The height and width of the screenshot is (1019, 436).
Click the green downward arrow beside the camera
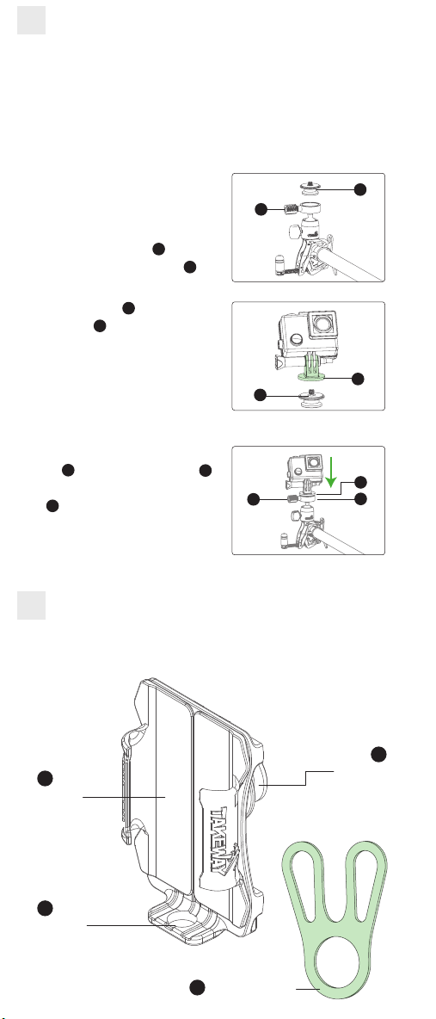(331, 472)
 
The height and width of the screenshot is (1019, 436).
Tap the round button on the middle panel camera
(297, 338)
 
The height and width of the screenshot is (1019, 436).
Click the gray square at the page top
(31, 20)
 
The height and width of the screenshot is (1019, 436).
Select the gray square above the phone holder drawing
(31, 605)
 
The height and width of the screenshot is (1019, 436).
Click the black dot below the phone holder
(198, 987)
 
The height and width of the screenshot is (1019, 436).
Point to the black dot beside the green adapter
(358, 379)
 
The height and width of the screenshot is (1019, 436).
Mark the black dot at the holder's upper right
(379, 754)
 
